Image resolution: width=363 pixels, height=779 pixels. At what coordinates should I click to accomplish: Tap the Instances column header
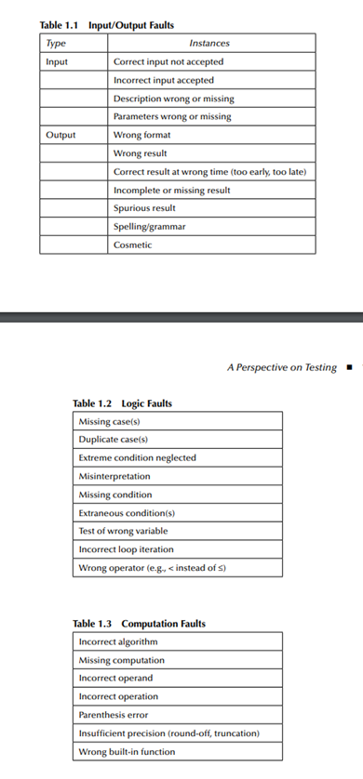click(209, 43)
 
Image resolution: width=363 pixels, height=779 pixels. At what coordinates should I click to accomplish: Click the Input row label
click(57, 61)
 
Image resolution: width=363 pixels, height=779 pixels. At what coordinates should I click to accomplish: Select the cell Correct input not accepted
click(168, 61)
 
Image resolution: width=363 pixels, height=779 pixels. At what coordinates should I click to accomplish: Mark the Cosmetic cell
click(132, 245)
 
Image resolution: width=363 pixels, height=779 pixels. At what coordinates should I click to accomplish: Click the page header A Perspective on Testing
click(281, 368)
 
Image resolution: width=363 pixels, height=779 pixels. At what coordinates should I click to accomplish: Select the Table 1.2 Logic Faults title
click(122, 403)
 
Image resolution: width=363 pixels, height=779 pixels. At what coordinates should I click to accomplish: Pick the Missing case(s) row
click(109, 421)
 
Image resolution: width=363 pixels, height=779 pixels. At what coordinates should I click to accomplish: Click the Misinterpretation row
click(114, 475)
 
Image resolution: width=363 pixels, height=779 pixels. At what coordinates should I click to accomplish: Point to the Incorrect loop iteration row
click(126, 548)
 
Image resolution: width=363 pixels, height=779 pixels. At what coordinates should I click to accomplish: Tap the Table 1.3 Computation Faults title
click(140, 623)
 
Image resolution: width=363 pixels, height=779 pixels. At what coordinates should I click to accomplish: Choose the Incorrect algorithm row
click(118, 641)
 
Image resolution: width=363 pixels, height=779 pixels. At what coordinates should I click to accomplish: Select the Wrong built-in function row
click(126, 751)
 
